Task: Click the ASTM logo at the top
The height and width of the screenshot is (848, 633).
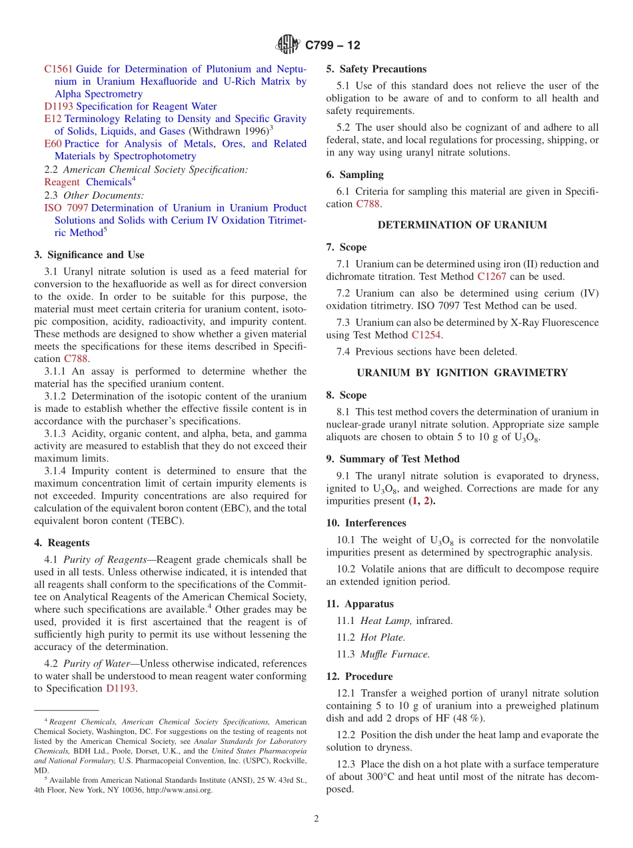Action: [x=289, y=45]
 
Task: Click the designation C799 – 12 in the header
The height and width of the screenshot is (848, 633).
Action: [x=332, y=45]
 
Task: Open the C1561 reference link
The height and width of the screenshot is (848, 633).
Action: [x=59, y=69]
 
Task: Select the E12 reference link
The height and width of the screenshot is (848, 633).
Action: [x=53, y=119]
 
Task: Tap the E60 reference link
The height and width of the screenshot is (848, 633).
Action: [x=53, y=144]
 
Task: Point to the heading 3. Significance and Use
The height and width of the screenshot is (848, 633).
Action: [x=89, y=255]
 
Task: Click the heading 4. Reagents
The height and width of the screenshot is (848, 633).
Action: [x=62, y=543]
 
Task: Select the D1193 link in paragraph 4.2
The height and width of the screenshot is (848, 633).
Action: [x=121, y=689]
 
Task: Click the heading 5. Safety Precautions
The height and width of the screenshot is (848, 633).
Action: [x=376, y=69]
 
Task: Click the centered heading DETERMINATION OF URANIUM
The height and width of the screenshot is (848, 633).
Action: [x=462, y=225]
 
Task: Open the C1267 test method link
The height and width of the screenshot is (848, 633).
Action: [x=493, y=277]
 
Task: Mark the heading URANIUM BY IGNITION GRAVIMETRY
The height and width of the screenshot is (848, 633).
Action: [x=462, y=373]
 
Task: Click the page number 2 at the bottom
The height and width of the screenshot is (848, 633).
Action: [x=316, y=819]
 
